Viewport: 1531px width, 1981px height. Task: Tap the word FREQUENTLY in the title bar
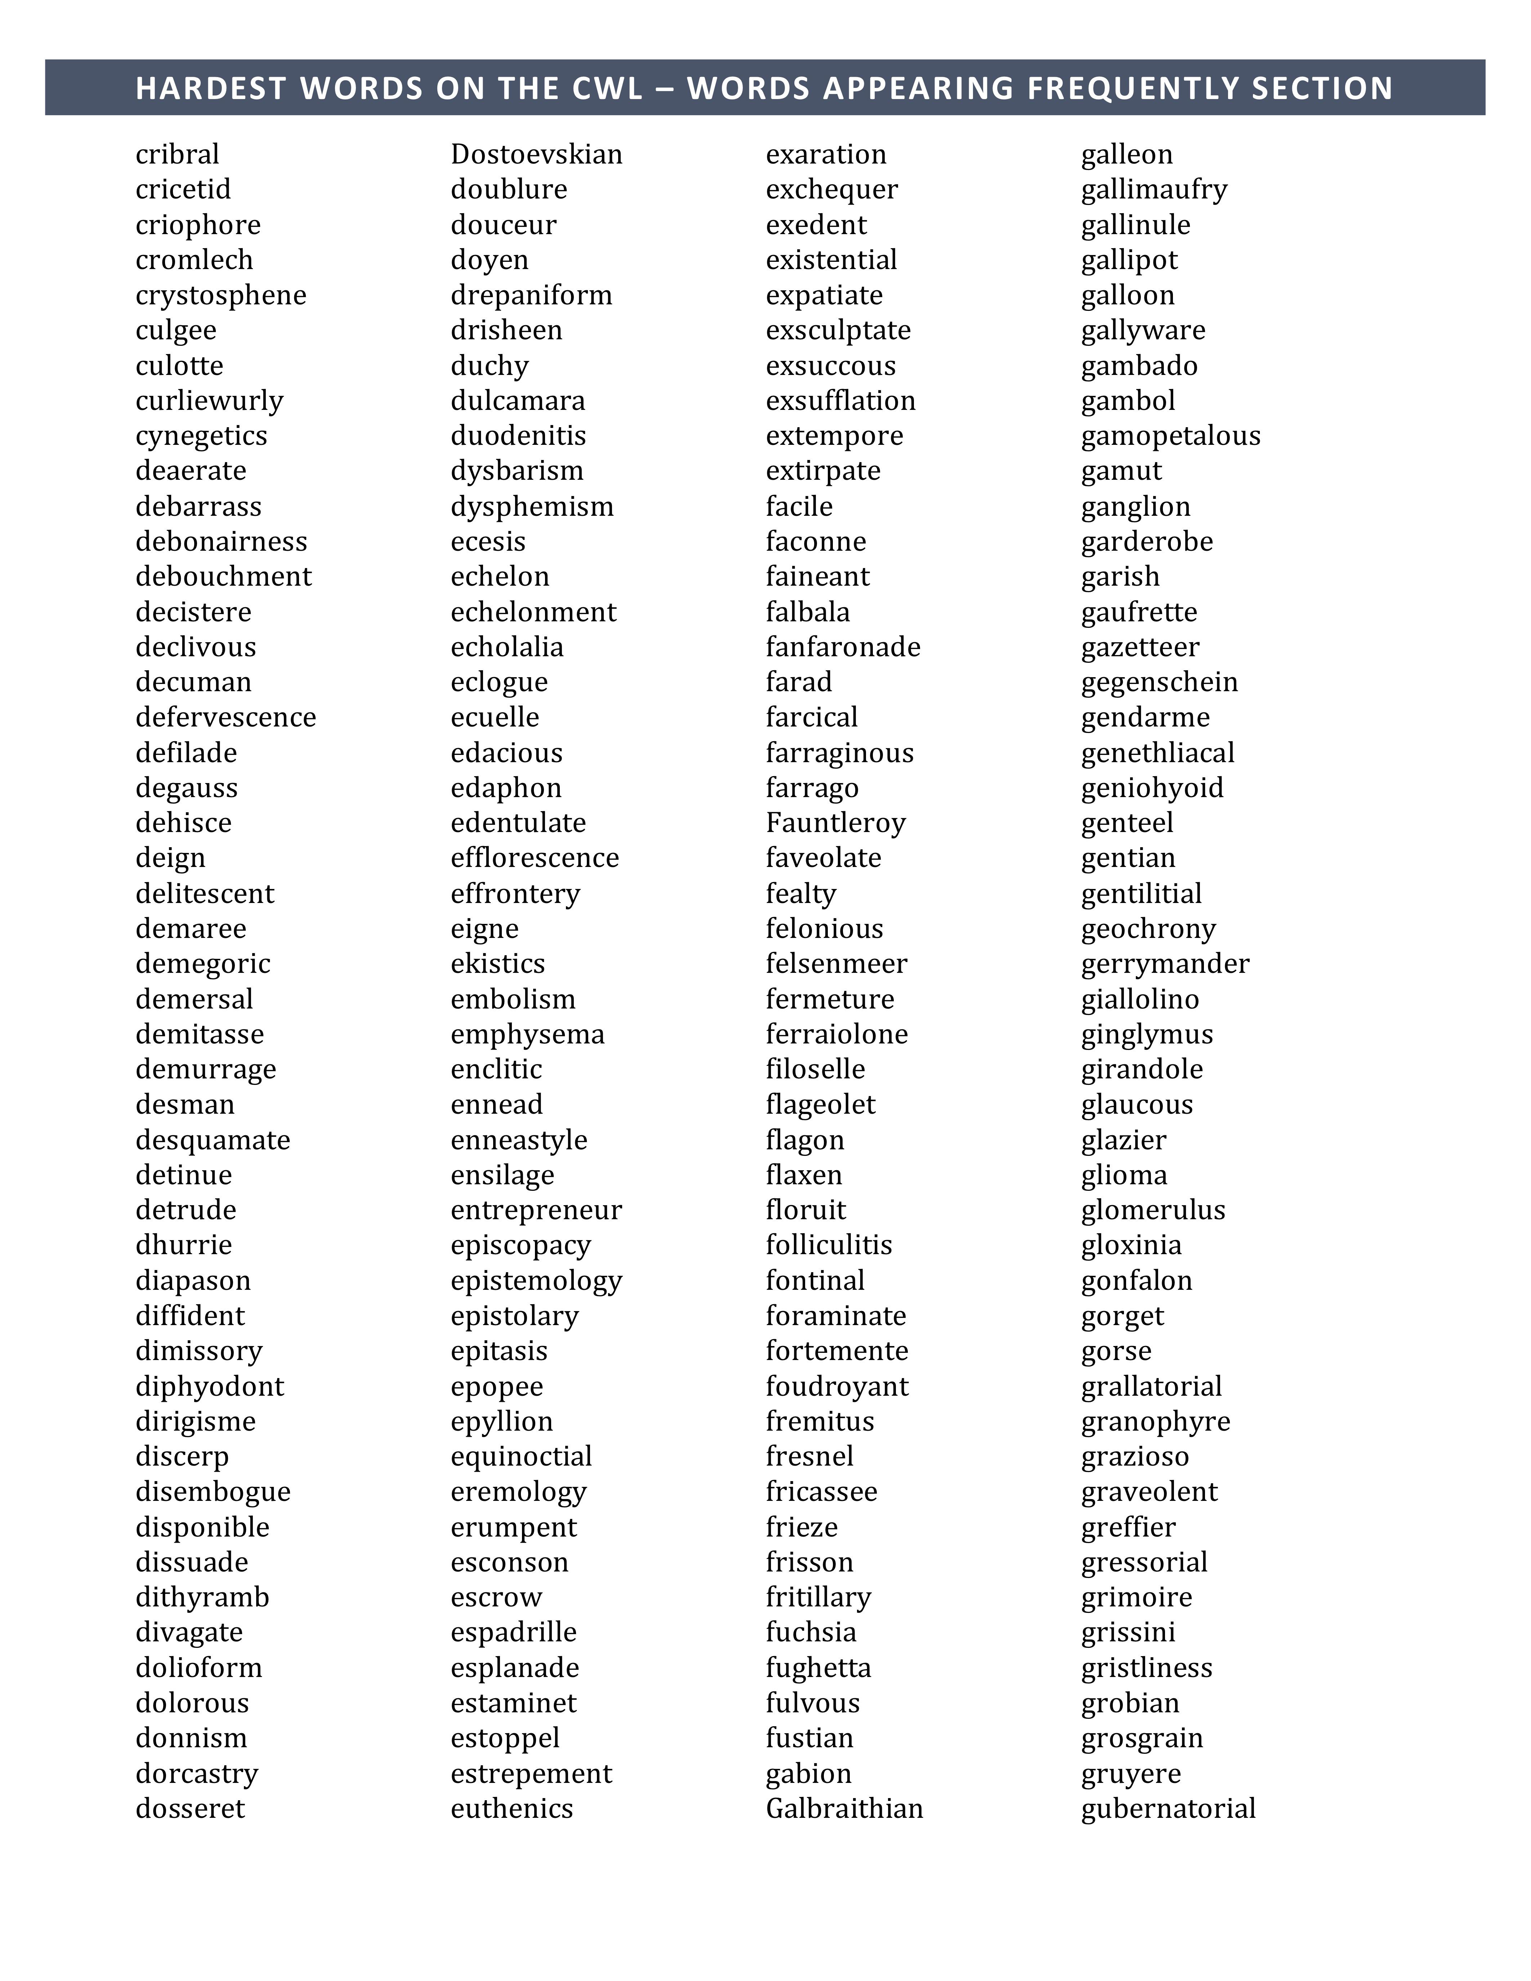[1134, 88]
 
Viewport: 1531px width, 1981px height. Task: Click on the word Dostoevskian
[536, 154]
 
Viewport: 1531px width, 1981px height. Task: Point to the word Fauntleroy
[835, 823]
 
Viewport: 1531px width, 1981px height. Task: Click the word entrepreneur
[536, 1210]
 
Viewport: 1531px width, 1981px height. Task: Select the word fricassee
[821, 1491]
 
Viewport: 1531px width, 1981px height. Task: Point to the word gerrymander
[1165, 963]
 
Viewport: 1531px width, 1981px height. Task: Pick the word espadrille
[513, 1632]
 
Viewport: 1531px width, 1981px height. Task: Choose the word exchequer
[832, 189]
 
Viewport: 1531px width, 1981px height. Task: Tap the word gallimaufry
[1154, 189]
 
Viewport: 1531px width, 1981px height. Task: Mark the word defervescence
[226, 717]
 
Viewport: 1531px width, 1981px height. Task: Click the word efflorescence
[534, 858]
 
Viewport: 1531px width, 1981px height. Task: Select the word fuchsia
[811, 1632]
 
